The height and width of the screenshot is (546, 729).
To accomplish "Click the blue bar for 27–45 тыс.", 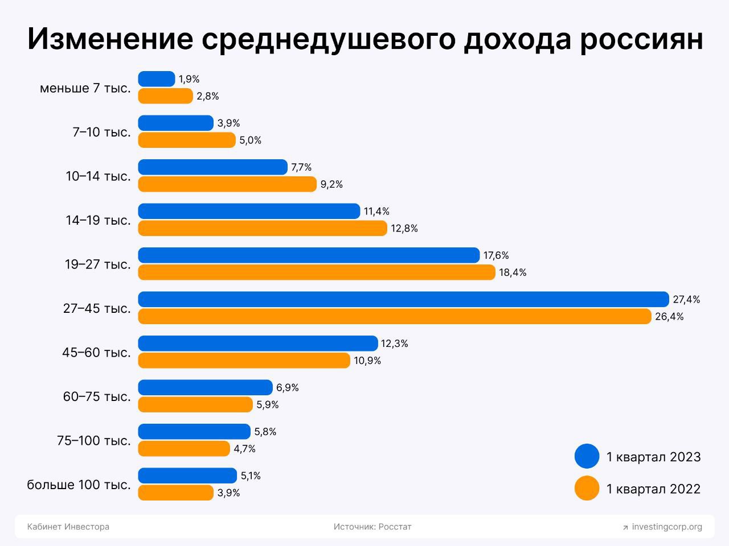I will pos(403,299).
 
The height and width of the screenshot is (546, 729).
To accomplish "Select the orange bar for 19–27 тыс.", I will pos(317,272).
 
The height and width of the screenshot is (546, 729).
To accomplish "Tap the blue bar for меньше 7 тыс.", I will pos(157,79).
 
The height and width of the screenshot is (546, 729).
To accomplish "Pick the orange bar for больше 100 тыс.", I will pos(175,493).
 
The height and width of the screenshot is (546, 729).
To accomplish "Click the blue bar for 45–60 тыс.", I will pos(257,344).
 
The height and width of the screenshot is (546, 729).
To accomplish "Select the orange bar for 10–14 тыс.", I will pos(227,184).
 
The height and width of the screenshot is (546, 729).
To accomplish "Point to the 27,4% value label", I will pos(686,299).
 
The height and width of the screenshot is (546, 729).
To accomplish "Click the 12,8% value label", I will pos(404,229).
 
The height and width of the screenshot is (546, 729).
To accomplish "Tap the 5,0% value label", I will pos(251,140).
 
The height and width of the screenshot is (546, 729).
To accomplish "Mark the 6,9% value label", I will pos(288,388).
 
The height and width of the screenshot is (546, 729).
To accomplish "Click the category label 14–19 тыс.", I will pos(98,220).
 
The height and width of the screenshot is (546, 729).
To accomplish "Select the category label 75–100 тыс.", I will pos(94,441).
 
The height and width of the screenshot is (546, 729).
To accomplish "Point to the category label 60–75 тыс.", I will pos(97,396).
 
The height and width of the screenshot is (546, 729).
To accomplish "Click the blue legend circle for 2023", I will pos(587,456).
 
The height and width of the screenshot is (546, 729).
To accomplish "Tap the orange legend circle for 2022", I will pos(587,488).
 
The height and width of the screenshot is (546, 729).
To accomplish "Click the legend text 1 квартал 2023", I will pos(653,457).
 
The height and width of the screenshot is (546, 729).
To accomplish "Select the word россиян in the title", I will pos(641,39).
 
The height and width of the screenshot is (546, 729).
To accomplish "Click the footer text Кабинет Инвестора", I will pos(68,527).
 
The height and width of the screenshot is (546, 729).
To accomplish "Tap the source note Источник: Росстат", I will pos(372,527).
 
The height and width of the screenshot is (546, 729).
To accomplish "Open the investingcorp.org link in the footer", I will pos(666,527).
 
